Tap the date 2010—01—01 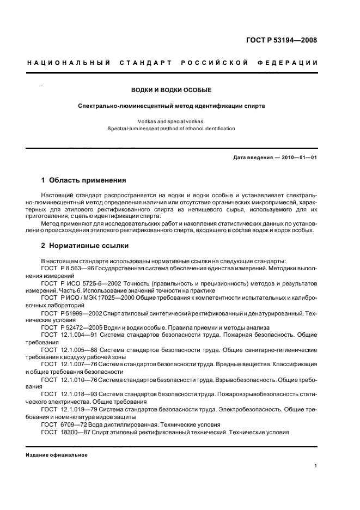click(298, 157)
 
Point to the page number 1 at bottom click(315, 466)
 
